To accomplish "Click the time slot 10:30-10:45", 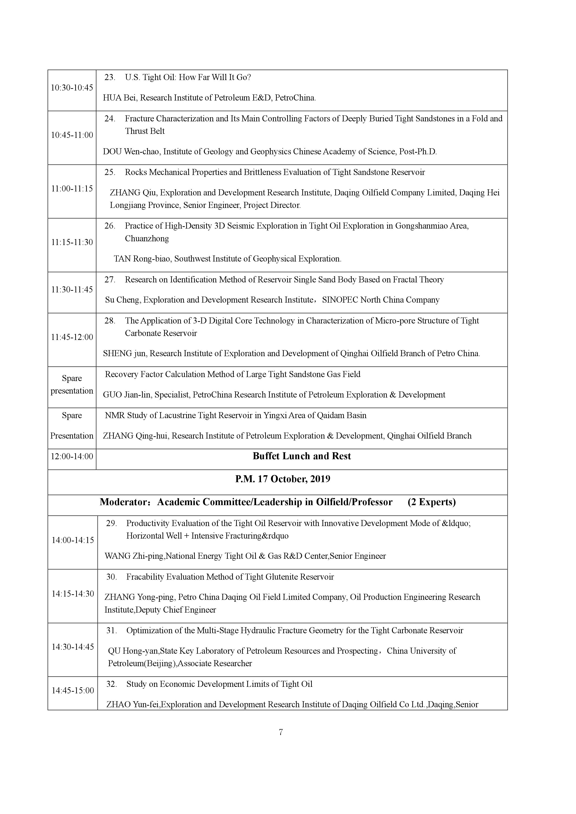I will pyautogui.click(x=72, y=87).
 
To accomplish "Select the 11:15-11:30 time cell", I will pyautogui.click(x=72, y=242).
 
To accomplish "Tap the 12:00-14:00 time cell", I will pyautogui.click(x=72, y=456).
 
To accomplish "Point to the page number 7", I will pyautogui.click(x=281, y=732).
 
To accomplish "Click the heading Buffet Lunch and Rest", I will pyautogui.click(x=302, y=456).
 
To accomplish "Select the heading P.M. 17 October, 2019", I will pyautogui.click(x=283, y=479).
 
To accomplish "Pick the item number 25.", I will pyautogui.click(x=110, y=172).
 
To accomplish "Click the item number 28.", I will pyautogui.click(x=110, y=321).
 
